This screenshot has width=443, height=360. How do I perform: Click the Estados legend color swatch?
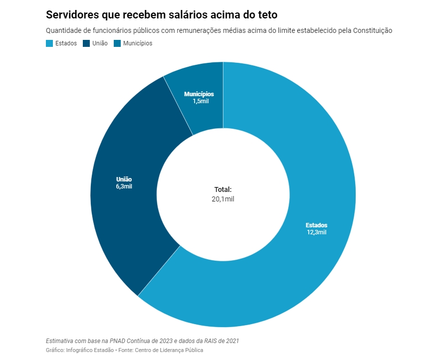click(49, 43)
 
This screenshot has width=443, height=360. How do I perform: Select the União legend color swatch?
click(86, 43)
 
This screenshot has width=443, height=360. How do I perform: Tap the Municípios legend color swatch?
click(117, 43)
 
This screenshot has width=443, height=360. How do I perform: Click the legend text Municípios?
click(138, 43)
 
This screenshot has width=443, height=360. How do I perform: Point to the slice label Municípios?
click(199, 94)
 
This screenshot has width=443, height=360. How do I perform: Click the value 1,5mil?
click(201, 101)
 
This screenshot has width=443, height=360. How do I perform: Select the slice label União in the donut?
click(124, 180)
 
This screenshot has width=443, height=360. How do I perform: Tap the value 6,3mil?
click(124, 186)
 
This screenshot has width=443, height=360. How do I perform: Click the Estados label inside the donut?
click(316, 225)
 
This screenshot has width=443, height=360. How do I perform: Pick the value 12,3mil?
click(317, 232)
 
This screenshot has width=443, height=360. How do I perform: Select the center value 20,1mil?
click(223, 199)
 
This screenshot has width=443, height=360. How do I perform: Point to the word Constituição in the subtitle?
click(373, 30)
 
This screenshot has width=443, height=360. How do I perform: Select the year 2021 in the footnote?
click(232, 341)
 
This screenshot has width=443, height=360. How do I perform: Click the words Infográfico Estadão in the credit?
click(90, 350)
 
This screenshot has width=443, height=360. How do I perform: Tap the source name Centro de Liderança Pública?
click(169, 350)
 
